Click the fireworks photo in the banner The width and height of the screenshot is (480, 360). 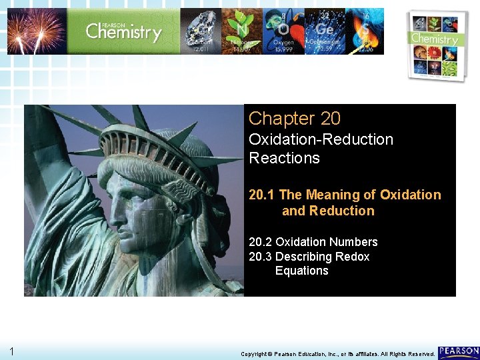pyautogui.click(x=37, y=31)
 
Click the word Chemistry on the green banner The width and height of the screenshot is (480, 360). pyautogui.click(x=123, y=31)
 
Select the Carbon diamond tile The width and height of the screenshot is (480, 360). pyautogui.click(x=201, y=31)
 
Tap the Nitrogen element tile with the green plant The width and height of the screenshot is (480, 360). pyautogui.click(x=241, y=31)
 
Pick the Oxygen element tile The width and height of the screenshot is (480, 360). pyautogui.click(x=283, y=31)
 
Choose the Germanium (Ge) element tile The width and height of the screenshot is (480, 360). pyautogui.click(x=325, y=31)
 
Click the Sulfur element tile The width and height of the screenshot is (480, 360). pyautogui.click(x=365, y=31)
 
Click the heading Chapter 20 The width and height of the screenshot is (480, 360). pyautogui.click(x=294, y=119)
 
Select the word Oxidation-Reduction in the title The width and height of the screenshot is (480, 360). pyautogui.click(x=321, y=139)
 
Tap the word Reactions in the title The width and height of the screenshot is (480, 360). pyautogui.click(x=284, y=158)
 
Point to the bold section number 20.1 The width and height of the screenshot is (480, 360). pyautogui.click(x=262, y=195)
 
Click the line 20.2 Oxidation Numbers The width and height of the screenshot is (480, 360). pyautogui.click(x=313, y=242)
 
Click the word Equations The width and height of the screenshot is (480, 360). pyautogui.click(x=301, y=271)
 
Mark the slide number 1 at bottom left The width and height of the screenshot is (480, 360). pyautogui.click(x=13, y=351)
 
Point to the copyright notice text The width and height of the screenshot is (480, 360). pyautogui.click(x=337, y=353)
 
